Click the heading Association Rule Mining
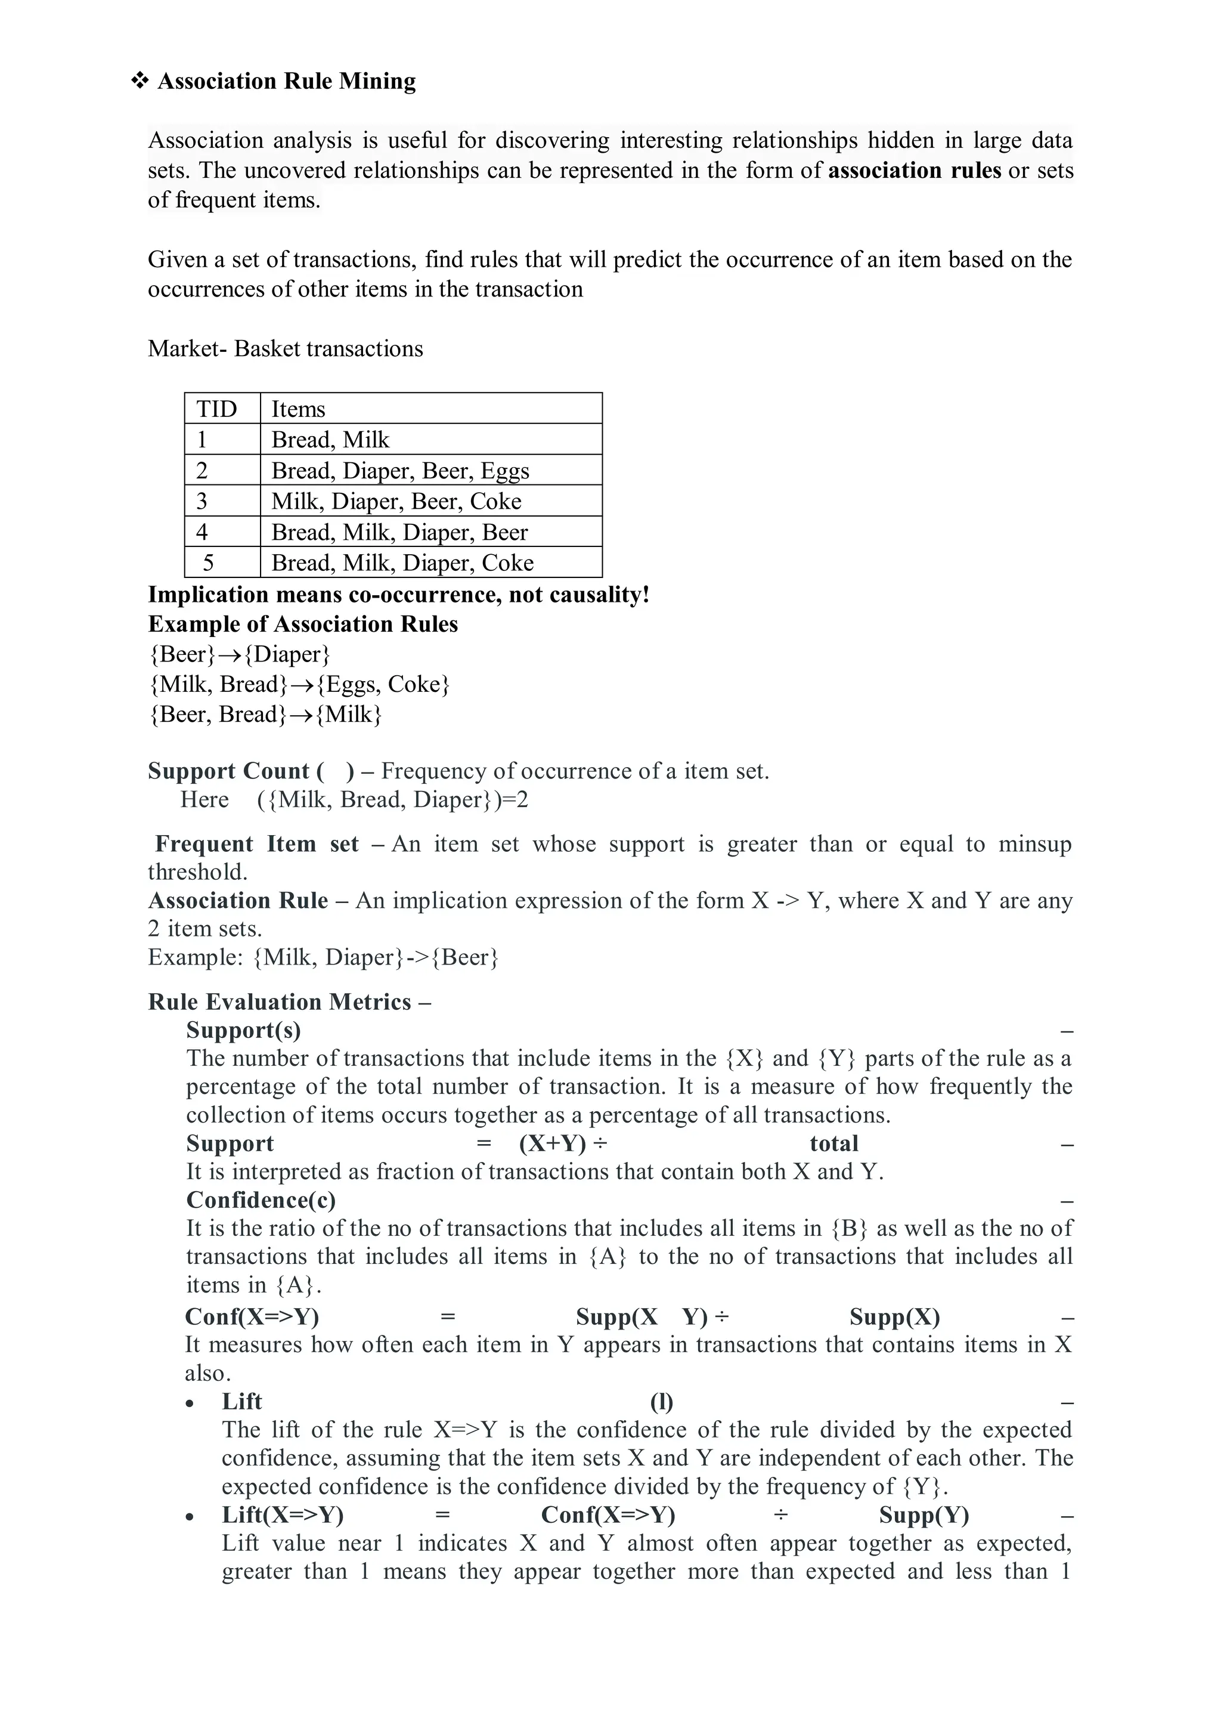coord(286,81)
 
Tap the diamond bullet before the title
coord(140,81)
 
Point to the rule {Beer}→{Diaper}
coord(239,654)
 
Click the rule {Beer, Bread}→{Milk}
coord(265,714)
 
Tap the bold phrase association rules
coord(914,171)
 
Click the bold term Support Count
coord(229,771)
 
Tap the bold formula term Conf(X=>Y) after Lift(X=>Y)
coord(608,1515)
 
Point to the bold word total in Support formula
coord(833,1144)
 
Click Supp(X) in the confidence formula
coord(894,1317)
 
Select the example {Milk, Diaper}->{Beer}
coord(376,957)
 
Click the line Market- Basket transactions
coord(285,349)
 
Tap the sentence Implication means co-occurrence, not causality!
coord(398,595)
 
